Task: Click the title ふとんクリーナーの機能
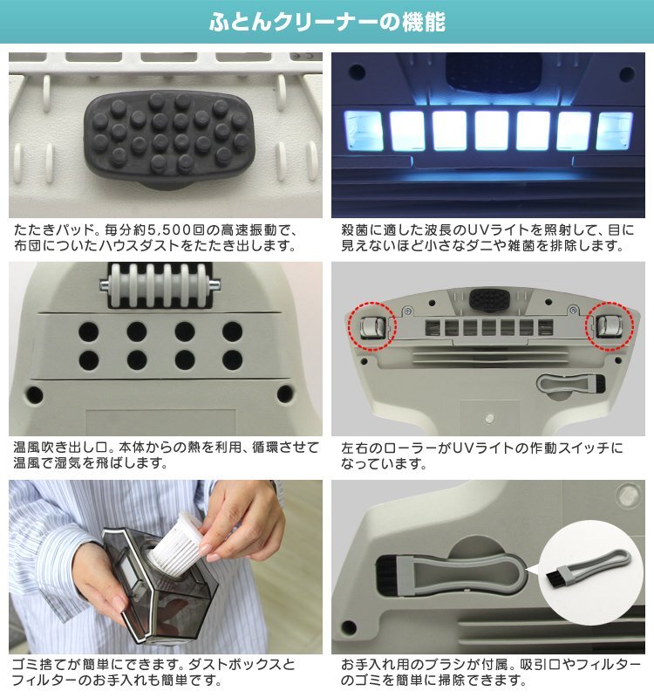(x=327, y=22)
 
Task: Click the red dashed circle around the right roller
(x=609, y=326)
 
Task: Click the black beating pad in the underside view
(x=489, y=300)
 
